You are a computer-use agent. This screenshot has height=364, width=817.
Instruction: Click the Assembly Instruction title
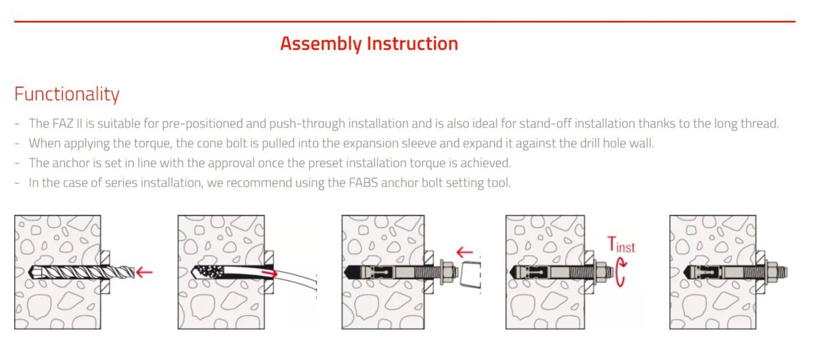tap(369, 44)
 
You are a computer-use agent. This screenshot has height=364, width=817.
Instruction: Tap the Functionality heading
tap(67, 94)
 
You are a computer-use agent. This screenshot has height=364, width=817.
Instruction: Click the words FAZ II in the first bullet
tap(67, 123)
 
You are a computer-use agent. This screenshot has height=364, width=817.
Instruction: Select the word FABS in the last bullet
tap(363, 183)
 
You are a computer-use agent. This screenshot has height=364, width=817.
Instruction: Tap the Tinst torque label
tap(621, 245)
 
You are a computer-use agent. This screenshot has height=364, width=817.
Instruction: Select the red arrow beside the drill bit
tap(144, 272)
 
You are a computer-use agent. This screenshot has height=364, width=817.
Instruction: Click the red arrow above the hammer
tap(464, 252)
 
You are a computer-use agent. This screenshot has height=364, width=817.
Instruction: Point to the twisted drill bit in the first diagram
tap(81, 273)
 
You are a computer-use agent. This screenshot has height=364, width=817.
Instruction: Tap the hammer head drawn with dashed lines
tap(470, 275)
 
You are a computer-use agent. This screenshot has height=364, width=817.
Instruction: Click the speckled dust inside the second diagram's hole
tap(210, 271)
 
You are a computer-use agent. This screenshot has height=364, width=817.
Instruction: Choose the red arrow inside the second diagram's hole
tap(270, 273)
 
